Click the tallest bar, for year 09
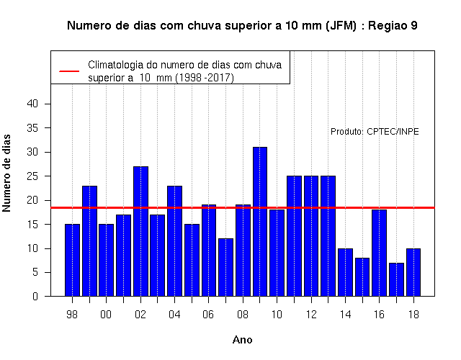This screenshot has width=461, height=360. tap(260, 222)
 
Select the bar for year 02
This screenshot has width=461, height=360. tap(140, 231)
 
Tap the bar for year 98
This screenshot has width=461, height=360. tap(72, 260)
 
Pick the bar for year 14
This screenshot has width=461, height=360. tap(345, 272)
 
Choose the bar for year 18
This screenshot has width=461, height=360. tap(413, 272)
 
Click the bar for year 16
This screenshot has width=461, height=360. tap(380, 253)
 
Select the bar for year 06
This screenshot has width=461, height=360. tap(209, 251)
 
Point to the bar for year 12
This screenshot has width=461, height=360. tap(311, 236)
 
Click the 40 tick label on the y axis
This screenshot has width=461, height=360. tap(32, 104)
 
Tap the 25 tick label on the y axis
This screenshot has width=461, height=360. tap(32, 176)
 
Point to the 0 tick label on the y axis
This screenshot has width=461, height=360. tap(35, 296)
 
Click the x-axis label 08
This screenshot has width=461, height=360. tap(243, 315)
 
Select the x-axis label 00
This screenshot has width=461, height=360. tap(106, 315)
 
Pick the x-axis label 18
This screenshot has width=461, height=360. tap(413, 315)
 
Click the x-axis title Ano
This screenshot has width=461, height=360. tap(242, 340)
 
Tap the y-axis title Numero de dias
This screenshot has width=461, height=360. tap(6, 173)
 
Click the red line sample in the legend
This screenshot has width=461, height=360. tap(69, 71)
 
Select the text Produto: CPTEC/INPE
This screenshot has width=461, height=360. tap(375, 131)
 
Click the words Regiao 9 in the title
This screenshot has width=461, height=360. tap(393, 26)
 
